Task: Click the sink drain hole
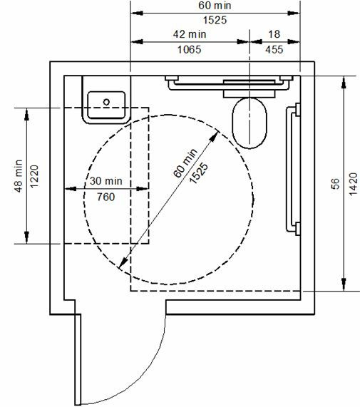tap(106, 102)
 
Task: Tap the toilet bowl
tap(250, 123)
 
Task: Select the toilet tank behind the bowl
tap(250, 89)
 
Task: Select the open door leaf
tap(78, 359)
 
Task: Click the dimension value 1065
tap(189, 50)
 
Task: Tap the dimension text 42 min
tap(190, 34)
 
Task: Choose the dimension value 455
tap(274, 50)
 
